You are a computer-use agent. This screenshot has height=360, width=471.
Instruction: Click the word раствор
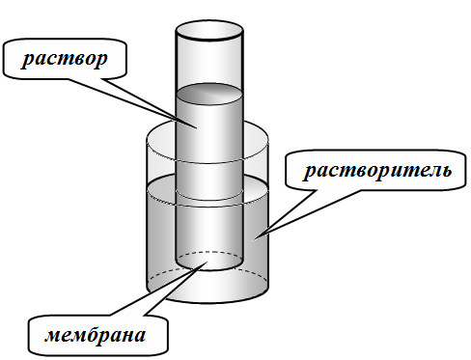pyautogui.click(x=65, y=60)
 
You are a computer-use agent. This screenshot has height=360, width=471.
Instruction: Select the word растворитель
pyautogui.click(x=377, y=170)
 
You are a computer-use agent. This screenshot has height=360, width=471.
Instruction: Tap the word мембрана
pyautogui.click(x=96, y=335)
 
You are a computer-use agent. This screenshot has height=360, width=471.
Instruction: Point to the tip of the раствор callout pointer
pyautogui.click(x=197, y=128)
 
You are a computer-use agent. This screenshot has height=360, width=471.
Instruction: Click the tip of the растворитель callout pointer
pyautogui.click(x=254, y=239)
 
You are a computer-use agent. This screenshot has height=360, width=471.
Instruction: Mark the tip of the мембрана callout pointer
pyautogui.click(x=207, y=262)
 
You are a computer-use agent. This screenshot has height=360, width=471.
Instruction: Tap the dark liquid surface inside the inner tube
pyautogui.click(x=209, y=94)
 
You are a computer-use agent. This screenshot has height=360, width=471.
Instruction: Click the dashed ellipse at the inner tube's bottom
pyautogui.click(x=209, y=252)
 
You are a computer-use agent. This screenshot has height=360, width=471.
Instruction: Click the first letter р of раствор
pyautogui.click(x=27, y=61)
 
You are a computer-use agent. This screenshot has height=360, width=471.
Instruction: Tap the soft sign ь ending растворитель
pyautogui.click(x=447, y=171)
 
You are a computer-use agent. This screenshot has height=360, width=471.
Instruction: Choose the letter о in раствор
pyautogui.click(x=91, y=60)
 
